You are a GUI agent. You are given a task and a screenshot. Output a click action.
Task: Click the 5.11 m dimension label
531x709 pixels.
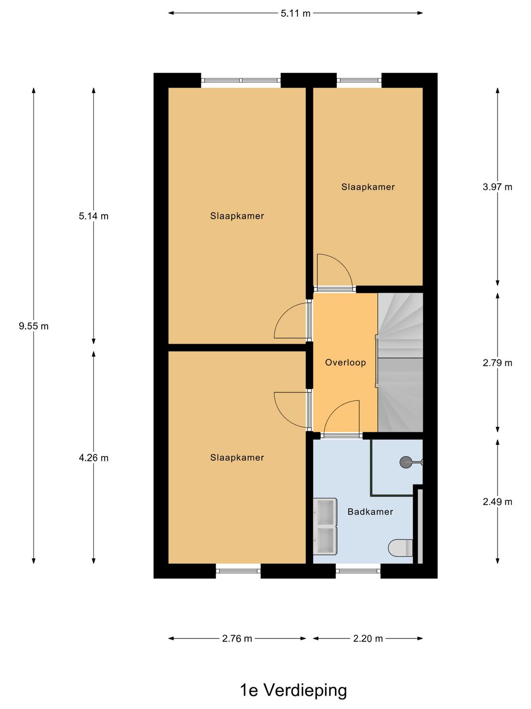tap(295, 13)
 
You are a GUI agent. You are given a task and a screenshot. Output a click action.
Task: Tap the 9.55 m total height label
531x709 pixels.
tap(33, 326)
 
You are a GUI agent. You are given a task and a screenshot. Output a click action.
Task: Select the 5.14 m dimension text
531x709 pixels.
tap(93, 216)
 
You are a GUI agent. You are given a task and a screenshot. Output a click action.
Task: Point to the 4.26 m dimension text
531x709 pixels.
tap(93, 458)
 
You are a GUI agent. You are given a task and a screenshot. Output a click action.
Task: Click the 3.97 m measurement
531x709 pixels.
tap(497, 187)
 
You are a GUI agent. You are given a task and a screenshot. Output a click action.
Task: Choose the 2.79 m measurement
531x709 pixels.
tap(497, 363)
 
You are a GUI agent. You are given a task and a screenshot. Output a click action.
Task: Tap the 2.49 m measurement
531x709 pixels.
tap(497, 502)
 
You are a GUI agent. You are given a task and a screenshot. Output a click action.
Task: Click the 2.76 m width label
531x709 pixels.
tap(236, 639)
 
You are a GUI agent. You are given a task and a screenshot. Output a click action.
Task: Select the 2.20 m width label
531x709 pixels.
tap(368, 639)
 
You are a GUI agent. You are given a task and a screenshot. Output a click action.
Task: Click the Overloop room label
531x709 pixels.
tap(345, 362)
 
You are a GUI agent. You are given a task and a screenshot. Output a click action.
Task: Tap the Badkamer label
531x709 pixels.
tap(370, 512)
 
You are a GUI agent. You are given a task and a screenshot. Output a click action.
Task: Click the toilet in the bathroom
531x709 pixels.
tap(400, 547)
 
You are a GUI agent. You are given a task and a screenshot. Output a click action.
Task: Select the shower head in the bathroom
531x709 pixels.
tap(406, 462)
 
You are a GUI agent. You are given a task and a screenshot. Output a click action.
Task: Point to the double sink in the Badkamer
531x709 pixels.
tap(325, 526)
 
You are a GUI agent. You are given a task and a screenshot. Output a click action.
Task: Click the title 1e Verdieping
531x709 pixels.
tap(293, 690)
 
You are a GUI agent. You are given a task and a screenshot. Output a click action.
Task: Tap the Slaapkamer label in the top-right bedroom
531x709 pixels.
tap(368, 187)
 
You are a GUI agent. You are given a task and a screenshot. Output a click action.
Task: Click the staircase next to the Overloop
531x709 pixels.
tap(400, 363)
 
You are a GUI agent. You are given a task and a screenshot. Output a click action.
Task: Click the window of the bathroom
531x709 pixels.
tap(358, 571)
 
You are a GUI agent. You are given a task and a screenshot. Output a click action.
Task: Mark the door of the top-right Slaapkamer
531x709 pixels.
tap(334, 272)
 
